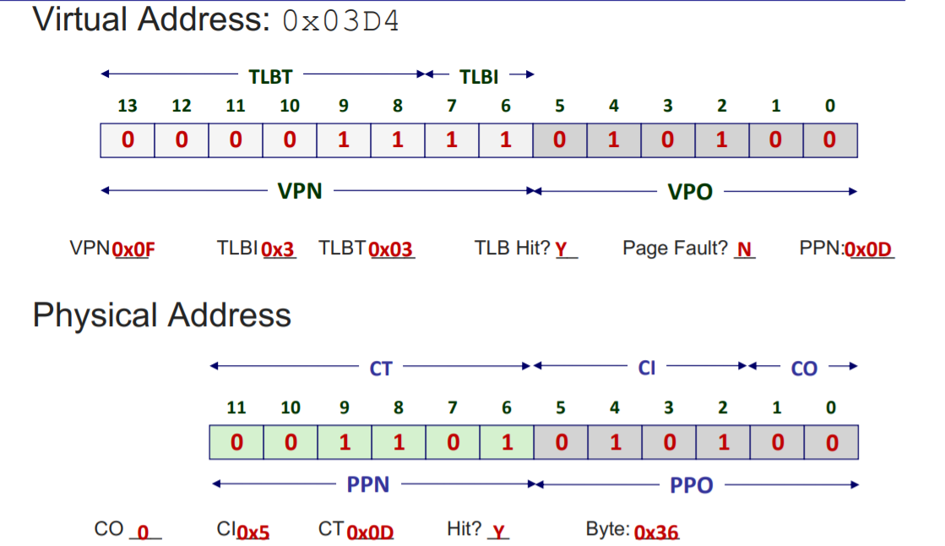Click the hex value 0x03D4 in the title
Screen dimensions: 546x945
pos(341,20)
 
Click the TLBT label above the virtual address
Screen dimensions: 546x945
pos(270,77)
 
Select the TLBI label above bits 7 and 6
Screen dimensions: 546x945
pos(479,77)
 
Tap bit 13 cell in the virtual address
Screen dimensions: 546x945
pos(128,140)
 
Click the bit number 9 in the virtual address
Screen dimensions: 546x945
pos(344,106)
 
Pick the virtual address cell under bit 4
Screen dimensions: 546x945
pos(614,140)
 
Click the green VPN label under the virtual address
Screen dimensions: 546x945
pos(300,191)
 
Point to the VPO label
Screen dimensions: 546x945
pos(690,192)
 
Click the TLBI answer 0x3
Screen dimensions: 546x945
pos(279,249)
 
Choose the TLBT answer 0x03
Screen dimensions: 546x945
pos(391,249)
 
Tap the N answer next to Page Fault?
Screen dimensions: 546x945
pos(744,249)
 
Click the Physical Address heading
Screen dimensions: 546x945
pos(161,315)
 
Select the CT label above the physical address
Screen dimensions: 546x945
pos(381,368)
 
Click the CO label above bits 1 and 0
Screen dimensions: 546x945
pos(804,369)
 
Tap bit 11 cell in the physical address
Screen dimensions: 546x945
pos(236,442)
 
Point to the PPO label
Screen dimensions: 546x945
pos(692,485)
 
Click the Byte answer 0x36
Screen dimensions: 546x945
pos(656,532)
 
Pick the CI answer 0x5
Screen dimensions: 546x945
pos(253,532)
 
